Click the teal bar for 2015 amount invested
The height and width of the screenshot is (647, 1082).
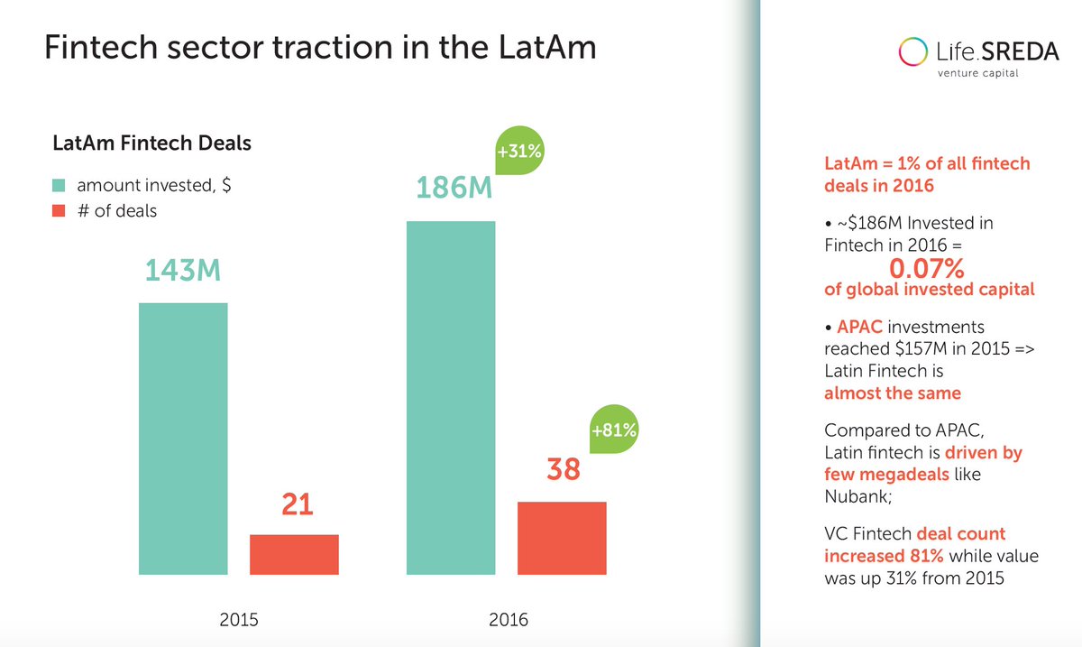(183, 438)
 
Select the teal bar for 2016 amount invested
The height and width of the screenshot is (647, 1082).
(451, 397)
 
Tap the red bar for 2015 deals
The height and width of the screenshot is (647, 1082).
(294, 554)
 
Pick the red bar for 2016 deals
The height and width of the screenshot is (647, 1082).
(562, 538)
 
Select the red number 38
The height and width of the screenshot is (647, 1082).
(564, 471)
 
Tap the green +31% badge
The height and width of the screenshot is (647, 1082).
(519, 152)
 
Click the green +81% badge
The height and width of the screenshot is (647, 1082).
(614, 431)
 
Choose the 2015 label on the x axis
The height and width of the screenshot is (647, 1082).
(238, 620)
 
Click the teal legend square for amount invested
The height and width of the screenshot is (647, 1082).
(60, 185)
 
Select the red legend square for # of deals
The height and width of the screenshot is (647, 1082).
(60, 211)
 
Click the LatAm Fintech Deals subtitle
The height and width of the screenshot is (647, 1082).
(151, 143)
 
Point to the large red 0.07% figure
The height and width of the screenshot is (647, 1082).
(927, 268)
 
